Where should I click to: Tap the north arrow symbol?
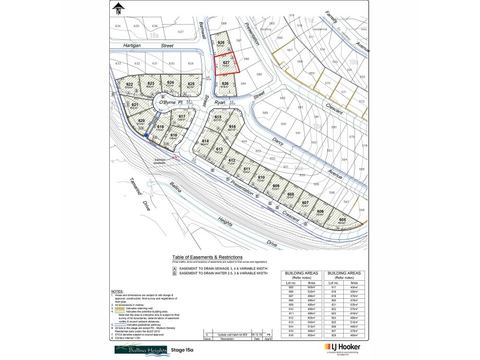(x=119, y=8)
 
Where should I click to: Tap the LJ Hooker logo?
(x=342, y=347)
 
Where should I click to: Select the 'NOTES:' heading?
(x=118, y=290)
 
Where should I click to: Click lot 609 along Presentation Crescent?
(x=276, y=187)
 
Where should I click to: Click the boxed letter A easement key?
(x=175, y=268)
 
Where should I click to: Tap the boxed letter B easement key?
(x=175, y=273)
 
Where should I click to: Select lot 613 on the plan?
(x=219, y=150)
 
